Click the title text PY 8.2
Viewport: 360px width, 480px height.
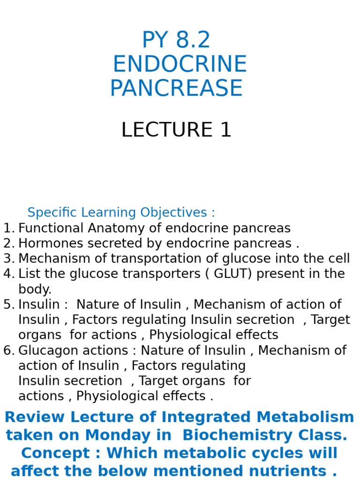176,40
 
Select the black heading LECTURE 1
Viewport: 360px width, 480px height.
176,130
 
